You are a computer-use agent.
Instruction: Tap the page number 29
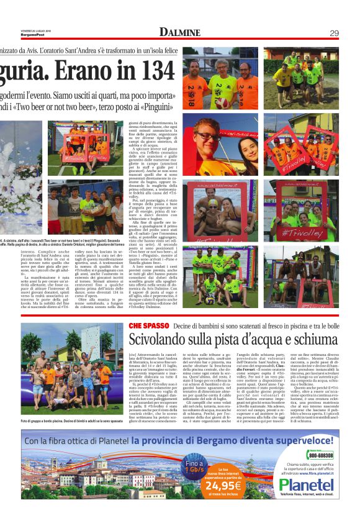pyautogui.click(x=334, y=33)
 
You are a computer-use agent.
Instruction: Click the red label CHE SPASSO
pyautogui.click(x=148, y=325)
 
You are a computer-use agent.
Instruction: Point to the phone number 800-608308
pyautogui.click(x=318, y=456)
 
